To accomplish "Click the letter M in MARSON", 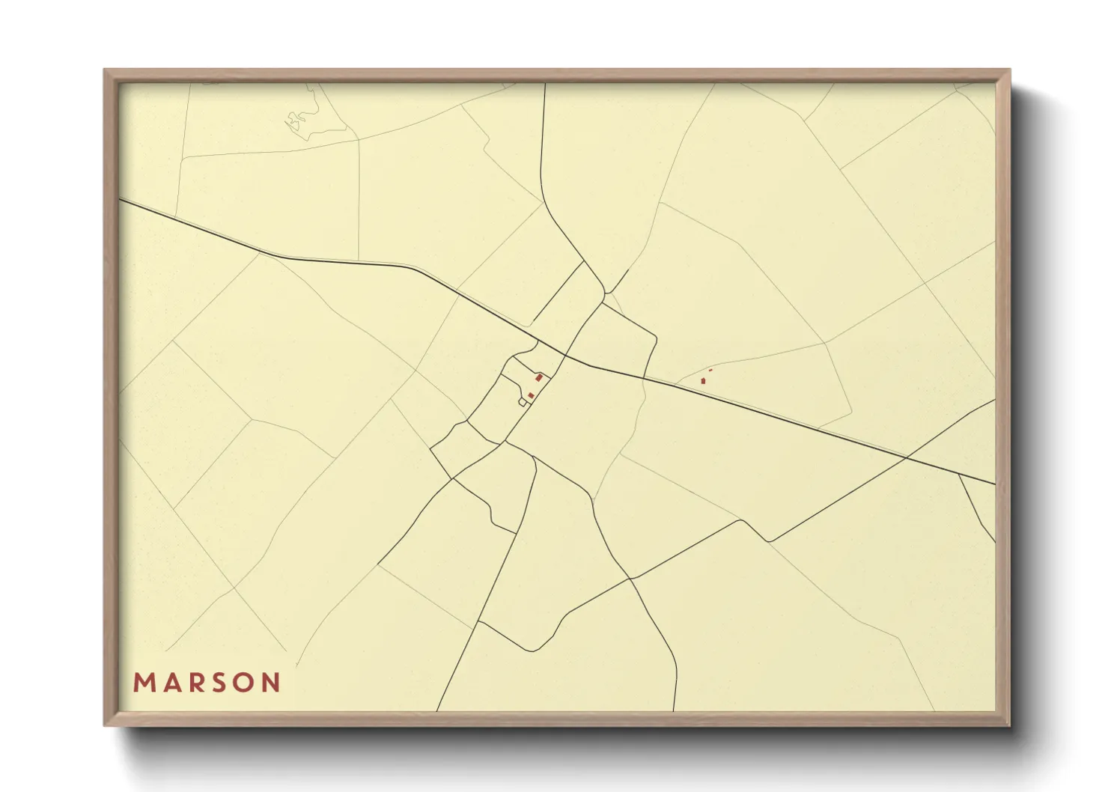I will pyautogui.click(x=142, y=683).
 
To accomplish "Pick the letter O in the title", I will pyautogui.click(x=243, y=683).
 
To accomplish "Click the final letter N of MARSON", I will pyautogui.click(x=272, y=683).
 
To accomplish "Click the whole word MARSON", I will pyautogui.click(x=207, y=683).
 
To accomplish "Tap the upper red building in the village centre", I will pyautogui.click(x=538, y=378).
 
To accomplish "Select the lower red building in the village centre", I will pyautogui.click(x=531, y=395).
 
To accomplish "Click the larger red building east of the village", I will pyautogui.click(x=703, y=381).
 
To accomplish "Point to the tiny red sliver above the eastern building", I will pyautogui.click(x=710, y=370).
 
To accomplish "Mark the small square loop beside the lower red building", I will pyautogui.click(x=523, y=402).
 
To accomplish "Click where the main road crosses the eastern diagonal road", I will pyautogui.click(x=907, y=457).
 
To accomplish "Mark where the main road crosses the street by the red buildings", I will pyautogui.click(x=563, y=354).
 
